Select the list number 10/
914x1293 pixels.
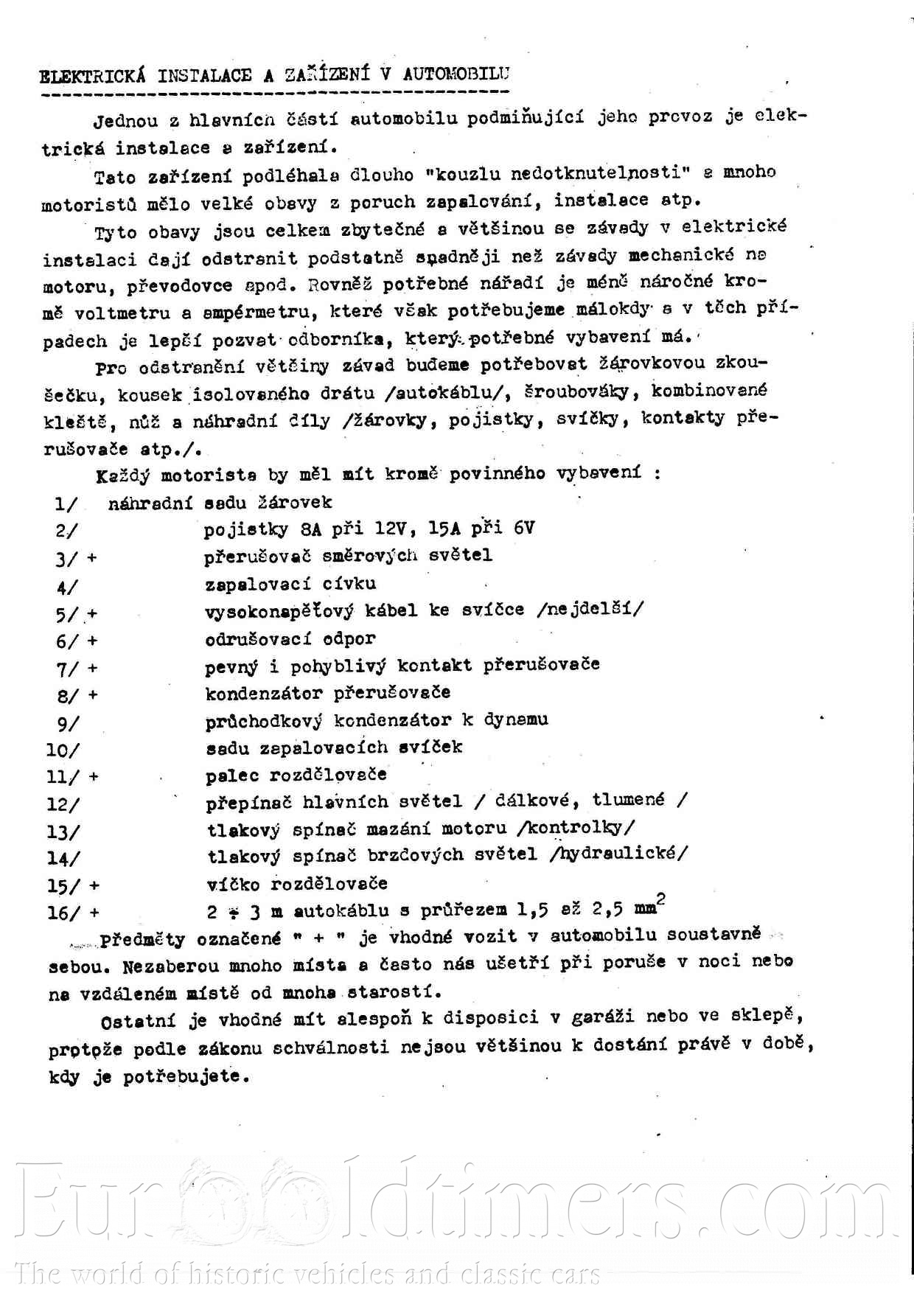coord(63,750)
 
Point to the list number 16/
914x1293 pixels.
coord(63,913)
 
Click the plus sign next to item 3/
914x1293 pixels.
coord(91,558)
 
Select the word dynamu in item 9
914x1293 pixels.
coord(516,719)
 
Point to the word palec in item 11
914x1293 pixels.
coord(232,775)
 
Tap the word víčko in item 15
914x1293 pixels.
coord(234,883)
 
